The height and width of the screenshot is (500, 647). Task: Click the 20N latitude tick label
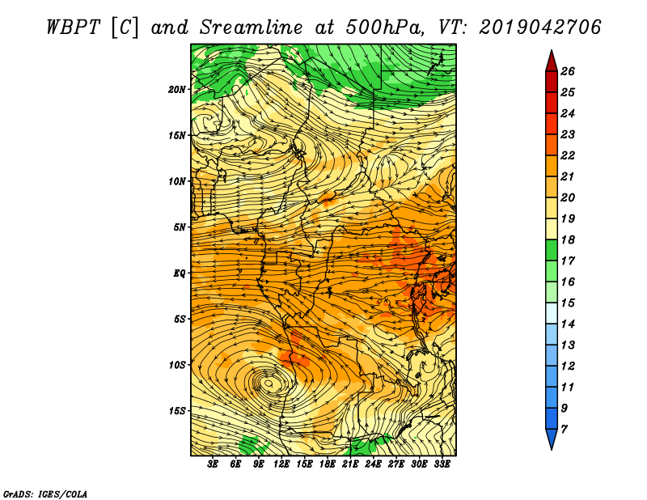177,89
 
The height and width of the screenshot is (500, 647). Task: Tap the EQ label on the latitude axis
180,273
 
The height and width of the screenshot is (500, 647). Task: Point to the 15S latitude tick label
177,411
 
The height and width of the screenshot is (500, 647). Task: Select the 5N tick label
180,227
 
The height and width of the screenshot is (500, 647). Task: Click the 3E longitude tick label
213,464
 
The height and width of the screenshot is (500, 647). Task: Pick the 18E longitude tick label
328,464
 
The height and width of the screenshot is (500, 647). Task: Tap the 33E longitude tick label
442,464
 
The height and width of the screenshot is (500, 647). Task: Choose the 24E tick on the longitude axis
373,464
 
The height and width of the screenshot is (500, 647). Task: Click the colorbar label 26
568,71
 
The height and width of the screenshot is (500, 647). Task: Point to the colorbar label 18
568,239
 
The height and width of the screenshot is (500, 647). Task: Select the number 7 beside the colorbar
564,430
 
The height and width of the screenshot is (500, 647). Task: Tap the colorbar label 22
568,155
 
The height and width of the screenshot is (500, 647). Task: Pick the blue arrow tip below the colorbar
552,449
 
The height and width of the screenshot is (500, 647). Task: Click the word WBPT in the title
73,28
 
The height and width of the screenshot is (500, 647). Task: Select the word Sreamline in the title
252,28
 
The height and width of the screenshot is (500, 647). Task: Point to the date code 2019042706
540,28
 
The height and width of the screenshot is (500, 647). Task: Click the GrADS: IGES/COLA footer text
45,494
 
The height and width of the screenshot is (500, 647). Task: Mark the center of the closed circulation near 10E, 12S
269,383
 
